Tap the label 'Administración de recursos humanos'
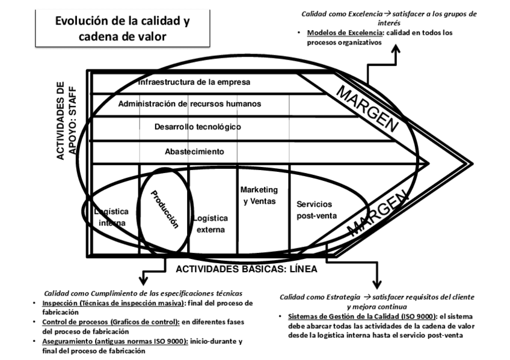tap(189, 104)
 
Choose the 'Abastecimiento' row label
tap(194, 151)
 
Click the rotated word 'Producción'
tap(165, 209)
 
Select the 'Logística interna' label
tap(112, 217)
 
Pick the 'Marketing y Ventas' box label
tap(259, 195)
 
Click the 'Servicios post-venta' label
tap(317, 210)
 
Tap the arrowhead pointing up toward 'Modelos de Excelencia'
tap(396, 50)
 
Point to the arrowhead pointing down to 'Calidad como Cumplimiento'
tap(143, 280)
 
